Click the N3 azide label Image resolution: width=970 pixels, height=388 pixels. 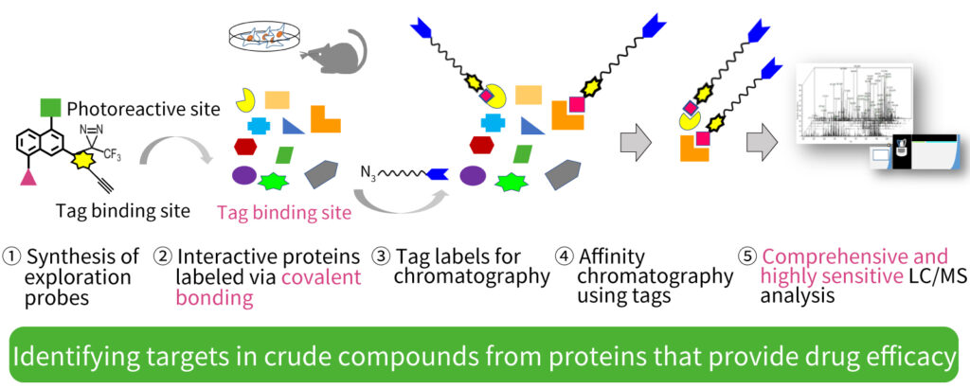click(369, 173)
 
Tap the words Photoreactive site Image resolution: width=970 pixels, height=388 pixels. click(144, 109)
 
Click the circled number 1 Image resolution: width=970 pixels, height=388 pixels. click(13, 256)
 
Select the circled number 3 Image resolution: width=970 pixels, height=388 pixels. click(381, 256)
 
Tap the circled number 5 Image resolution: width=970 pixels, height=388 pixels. click(748, 256)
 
